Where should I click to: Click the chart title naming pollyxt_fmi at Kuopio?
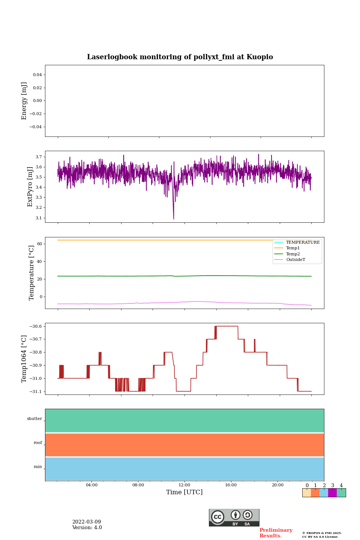(x=180, y=57)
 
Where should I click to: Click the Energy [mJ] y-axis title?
(x=24, y=101)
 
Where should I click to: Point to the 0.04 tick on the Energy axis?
(x=37, y=75)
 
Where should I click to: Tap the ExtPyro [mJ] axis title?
(x=30, y=187)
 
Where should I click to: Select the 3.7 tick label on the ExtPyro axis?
(x=39, y=157)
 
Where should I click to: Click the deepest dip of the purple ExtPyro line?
(x=174, y=219)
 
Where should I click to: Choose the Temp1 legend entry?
(x=292, y=248)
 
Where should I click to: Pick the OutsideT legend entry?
(x=295, y=260)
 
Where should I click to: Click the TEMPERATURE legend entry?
(x=302, y=243)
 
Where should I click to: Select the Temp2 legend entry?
(x=292, y=254)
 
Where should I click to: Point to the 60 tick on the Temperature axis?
(x=39, y=244)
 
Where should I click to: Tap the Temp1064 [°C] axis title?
(x=24, y=359)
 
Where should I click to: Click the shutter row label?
(x=34, y=419)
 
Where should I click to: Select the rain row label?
(x=38, y=467)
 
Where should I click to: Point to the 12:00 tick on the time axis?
(x=184, y=485)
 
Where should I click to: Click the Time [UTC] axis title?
(x=184, y=492)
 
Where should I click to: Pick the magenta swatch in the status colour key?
(x=332, y=493)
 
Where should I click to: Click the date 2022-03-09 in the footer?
(x=87, y=522)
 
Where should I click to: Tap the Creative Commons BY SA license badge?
(x=234, y=517)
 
